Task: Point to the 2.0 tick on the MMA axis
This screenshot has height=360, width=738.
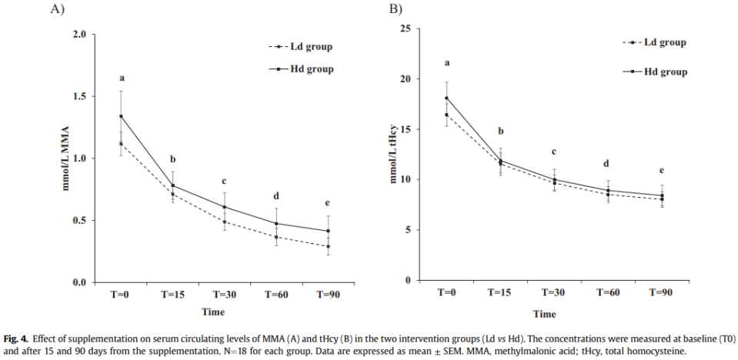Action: [79, 35]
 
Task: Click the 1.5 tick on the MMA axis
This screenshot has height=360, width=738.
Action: [79, 97]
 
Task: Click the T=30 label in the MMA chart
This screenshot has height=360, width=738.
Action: [224, 294]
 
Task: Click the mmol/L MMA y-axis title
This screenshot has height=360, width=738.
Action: [60, 158]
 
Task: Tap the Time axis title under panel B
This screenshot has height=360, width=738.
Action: [545, 314]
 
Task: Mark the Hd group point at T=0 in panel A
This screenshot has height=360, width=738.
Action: [121, 116]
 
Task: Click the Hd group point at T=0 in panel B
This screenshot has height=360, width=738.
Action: [446, 98]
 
